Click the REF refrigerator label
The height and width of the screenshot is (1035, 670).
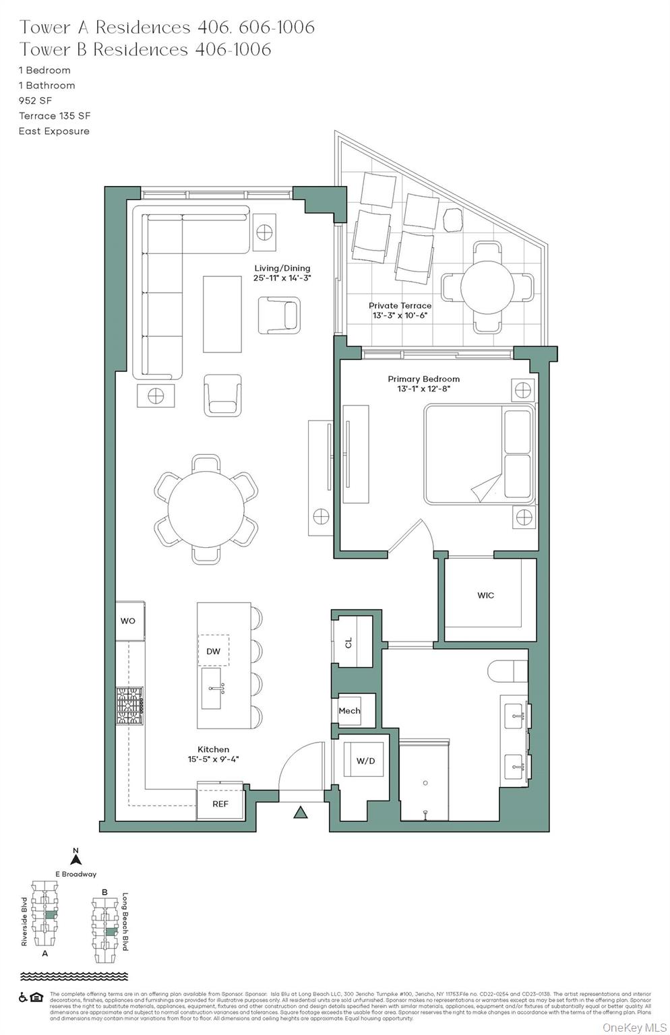click(220, 804)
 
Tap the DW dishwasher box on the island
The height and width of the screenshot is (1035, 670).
click(213, 652)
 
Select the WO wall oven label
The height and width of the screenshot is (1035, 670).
click(128, 621)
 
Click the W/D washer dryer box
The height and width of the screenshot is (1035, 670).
click(365, 761)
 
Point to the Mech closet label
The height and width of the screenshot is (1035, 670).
click(349, 710)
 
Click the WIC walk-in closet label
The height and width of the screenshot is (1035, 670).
click(485, 595)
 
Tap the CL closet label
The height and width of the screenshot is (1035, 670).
click(348, 643)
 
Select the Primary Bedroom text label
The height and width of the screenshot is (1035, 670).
click(423, 379)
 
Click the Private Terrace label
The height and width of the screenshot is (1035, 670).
click(400, 305)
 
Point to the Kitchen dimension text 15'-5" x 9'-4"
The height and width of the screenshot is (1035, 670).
click(213, 759)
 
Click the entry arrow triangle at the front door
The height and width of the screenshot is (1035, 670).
click(301, 813)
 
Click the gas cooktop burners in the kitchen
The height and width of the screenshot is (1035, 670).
click(130, 705)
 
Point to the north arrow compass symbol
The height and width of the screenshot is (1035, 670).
click(76, 858)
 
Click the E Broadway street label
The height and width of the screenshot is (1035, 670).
click(75, 874)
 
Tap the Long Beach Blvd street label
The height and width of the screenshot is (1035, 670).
click(125, 922)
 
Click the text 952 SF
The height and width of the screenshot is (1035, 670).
click(35, 100)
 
